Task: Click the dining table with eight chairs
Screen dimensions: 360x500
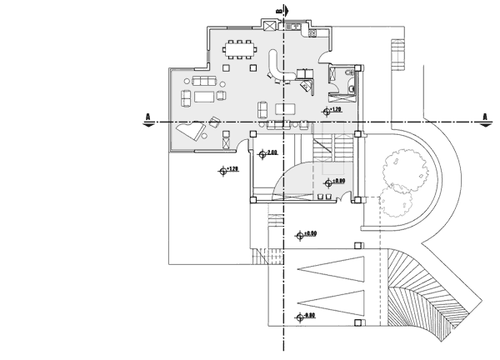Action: pyautogui.click(x=242, y=50)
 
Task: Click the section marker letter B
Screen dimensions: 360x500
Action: pyautogui.click(x=277, y=10)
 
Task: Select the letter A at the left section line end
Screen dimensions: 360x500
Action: pyautogui.click(x=147, y=116)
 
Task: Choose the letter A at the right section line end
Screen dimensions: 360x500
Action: pyautogui.click(x=485, y=116)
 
